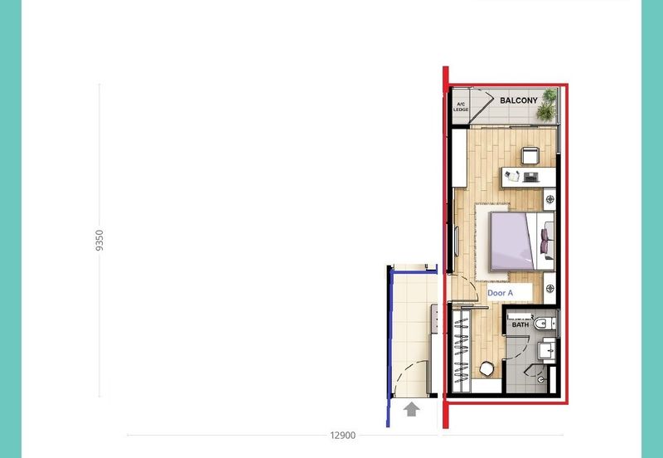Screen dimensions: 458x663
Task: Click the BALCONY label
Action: [x=519, y=100]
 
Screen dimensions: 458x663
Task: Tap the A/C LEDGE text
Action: [x=461, y=106]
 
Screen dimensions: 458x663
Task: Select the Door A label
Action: [x=500, y=293]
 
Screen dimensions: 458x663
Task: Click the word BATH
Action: [x=520, y=325]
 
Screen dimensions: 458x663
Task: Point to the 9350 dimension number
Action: [x=100, y=241]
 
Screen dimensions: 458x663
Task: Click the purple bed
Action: [x=514, y=241]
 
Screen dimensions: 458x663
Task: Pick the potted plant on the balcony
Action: [x=546, y=105]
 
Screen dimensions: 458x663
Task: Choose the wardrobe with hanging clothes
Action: [x=461, y=348]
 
